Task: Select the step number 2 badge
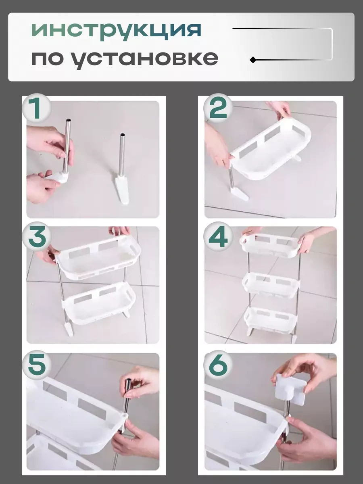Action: (218, 109)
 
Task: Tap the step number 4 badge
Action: (218, 237)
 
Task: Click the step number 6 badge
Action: (218, 365)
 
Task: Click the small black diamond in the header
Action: (253, 60)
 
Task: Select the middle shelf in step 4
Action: (271, 284)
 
